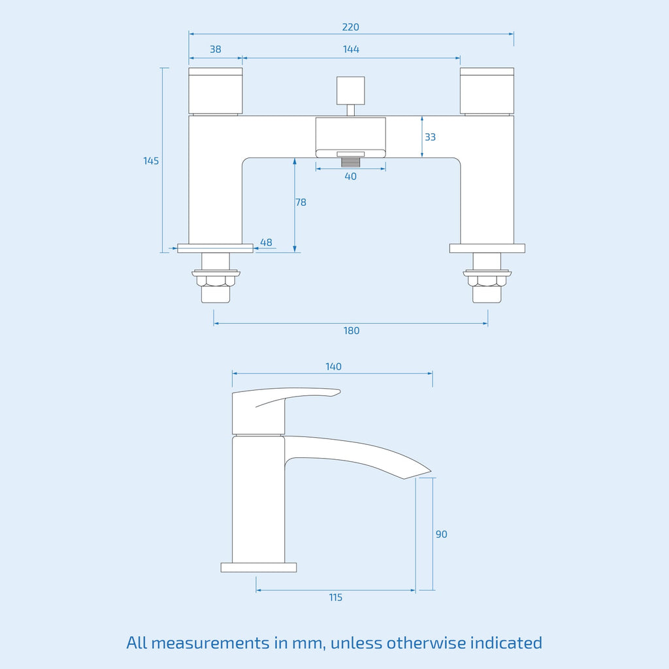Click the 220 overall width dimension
[x=351, y=27]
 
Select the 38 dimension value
[x=216, y=50]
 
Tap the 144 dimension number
[x=351, y=50]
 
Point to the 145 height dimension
[x=151, y=161]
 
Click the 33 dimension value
[x=430, y=137]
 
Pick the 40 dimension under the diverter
[x=351, y=176]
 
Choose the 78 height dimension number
[x=301, y=203]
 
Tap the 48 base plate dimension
[x=267, y=242]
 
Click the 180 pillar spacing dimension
[x=351, y=331]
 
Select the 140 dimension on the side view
[x=333, y=367]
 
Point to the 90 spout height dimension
[x=442, y=534]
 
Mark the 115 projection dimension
[x=336, y=597]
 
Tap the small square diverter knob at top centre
[x=351, y=90]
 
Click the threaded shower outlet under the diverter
[x=351, y=162]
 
